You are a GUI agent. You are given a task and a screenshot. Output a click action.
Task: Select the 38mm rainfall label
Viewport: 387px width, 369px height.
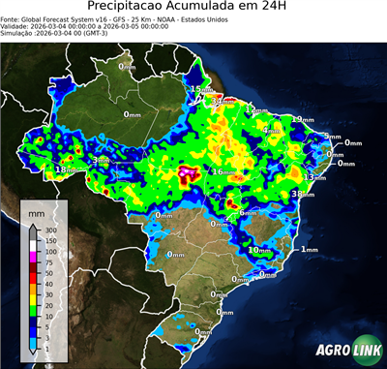[x=303, y=195]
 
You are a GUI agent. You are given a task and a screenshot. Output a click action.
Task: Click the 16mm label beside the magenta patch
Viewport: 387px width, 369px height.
[x=223, y=172]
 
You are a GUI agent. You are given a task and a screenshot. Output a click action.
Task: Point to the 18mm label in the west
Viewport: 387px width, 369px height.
[x=66, y=170]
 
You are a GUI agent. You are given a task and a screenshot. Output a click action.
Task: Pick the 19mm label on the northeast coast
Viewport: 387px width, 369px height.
[x=303, y=119]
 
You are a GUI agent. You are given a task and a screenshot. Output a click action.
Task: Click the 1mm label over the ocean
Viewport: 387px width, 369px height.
[x=310, y=250]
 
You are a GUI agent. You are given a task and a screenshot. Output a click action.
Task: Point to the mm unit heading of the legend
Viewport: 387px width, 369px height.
[x=37, y=212]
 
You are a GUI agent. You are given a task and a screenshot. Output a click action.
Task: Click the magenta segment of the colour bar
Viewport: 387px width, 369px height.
[x=33, y=257]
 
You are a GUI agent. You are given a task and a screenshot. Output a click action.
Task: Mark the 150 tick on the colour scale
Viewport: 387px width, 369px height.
[x=49, y=241]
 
